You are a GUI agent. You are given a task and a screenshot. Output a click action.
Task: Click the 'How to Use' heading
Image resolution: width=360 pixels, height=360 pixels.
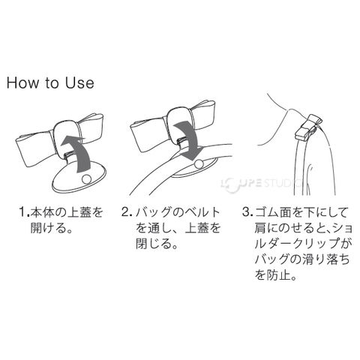50,82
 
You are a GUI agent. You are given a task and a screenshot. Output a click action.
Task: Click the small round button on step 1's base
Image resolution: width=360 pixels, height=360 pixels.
86,179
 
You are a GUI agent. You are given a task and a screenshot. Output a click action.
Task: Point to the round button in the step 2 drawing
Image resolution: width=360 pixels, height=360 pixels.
199,164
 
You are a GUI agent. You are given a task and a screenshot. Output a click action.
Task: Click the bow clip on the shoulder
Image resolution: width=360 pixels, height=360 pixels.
308,127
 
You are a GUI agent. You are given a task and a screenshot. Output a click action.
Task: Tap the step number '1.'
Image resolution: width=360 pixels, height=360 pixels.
25,212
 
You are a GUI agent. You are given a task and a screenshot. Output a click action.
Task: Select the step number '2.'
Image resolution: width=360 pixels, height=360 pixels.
127,212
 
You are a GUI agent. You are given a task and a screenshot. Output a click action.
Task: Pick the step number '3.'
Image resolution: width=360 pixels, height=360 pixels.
247,212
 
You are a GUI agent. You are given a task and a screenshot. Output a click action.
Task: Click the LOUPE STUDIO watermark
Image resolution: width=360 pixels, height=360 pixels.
262,184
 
